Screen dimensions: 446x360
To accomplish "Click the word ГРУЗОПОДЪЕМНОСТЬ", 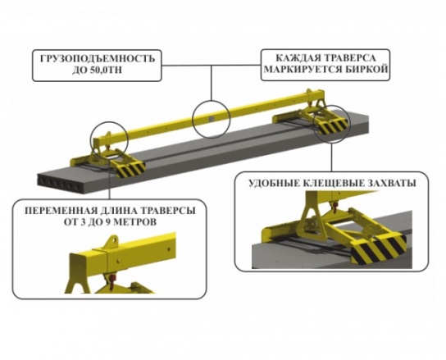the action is pyautogui.click(x=98, y=58).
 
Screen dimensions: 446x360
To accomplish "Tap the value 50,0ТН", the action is pyautogui.click(x=107, y=70).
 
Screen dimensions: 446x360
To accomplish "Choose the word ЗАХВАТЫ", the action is pyautogui.click(x=394, y=183).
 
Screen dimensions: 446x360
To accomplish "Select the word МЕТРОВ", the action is pyautogui.click(x=134, y=221).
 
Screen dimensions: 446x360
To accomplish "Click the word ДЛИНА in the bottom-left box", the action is pyautogui.click(x=117, y=211).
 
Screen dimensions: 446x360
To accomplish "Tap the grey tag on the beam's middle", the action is pyautogui.click(x=211, y=118).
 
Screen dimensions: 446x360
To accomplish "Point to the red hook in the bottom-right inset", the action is pyautogui.click(x=334, y=205).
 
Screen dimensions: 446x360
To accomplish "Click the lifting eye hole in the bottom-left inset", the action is pyautogui.click(x=114, y=240).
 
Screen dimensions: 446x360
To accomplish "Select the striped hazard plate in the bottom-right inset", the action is pyautogui.click(x=378, y=250).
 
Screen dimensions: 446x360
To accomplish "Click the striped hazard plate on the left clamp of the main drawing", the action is pyautogui.click(x=130, y=169).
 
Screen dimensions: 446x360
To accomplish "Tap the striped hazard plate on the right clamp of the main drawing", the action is pyautogui.click(x=334, y=126).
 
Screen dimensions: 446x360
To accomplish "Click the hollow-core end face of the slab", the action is pyautogui.click(x=61, y=185).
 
